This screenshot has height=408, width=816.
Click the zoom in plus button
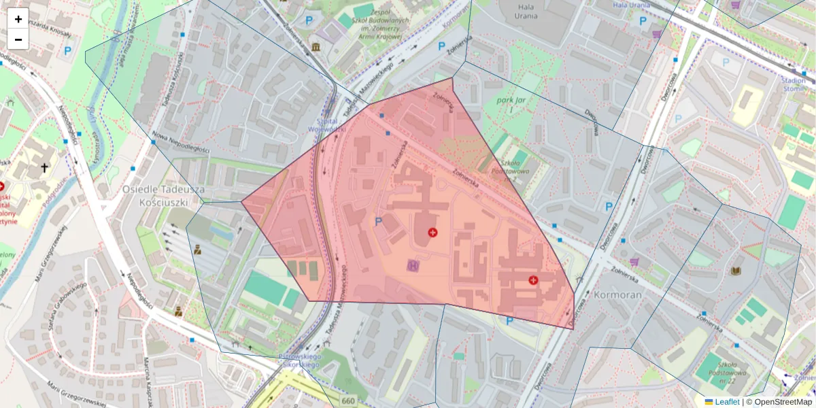18,19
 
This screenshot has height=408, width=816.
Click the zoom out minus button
18,39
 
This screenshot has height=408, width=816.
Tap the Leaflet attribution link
726,402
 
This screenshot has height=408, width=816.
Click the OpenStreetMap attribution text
783,402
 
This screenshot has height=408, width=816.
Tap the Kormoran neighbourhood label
617,296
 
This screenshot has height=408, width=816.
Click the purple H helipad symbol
412,265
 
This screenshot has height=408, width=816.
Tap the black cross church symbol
45,167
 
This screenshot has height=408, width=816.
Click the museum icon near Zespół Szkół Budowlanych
316,46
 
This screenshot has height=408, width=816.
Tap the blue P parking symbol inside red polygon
379,221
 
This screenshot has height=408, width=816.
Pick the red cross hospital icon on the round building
432,233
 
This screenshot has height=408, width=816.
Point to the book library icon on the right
735,271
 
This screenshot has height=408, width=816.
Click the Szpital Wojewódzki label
325,123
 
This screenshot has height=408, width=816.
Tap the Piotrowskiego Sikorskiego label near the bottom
301,360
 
